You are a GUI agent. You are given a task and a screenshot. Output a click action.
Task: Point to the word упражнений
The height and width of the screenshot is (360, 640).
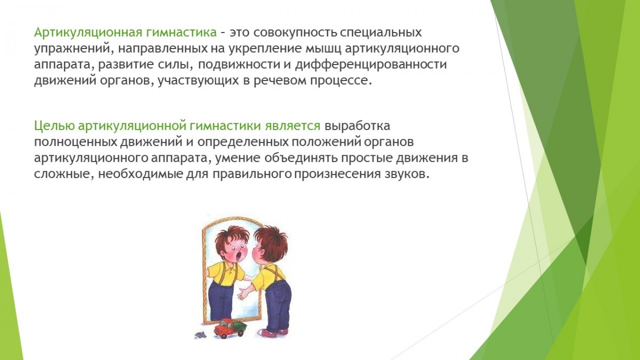pyautogui.click(x=71, y=49)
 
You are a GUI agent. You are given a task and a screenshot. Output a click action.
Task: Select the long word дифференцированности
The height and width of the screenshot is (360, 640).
pyautogui.click(x=371, y=65)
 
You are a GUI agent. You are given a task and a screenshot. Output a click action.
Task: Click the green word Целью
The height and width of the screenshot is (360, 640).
pyautogui.click(x=54, y=126)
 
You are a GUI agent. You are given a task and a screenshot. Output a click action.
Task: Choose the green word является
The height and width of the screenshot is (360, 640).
pyautogui.click(x=292, y=126)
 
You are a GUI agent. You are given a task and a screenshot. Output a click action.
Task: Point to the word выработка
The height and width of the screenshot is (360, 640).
pyautogui.click(x=357, y=126)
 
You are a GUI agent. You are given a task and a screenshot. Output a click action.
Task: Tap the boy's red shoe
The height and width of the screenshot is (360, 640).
pyautogui.click(x=267, y=333)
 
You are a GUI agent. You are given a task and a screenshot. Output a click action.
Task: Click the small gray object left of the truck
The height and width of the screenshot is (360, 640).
pyautogui.click(x=201, y=335)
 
